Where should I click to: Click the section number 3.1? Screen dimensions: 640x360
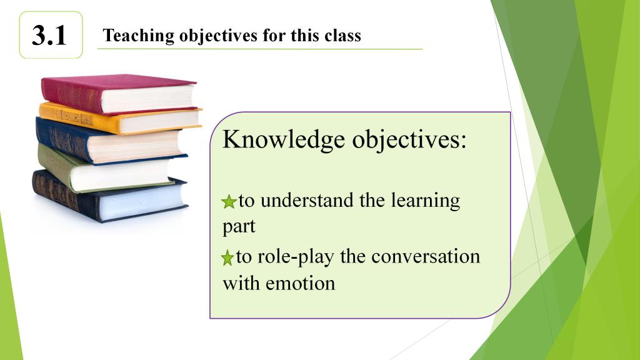(49, 36)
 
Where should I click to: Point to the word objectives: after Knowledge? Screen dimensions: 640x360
(409, 140)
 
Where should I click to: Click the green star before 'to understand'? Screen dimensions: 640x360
(229, 202)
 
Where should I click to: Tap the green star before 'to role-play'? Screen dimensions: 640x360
(227, 258)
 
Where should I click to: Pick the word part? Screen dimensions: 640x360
(239, 227)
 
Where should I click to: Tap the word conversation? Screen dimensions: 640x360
(426, 257)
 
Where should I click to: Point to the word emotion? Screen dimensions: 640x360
(301, 283)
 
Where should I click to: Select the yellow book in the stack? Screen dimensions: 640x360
(120, 119)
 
